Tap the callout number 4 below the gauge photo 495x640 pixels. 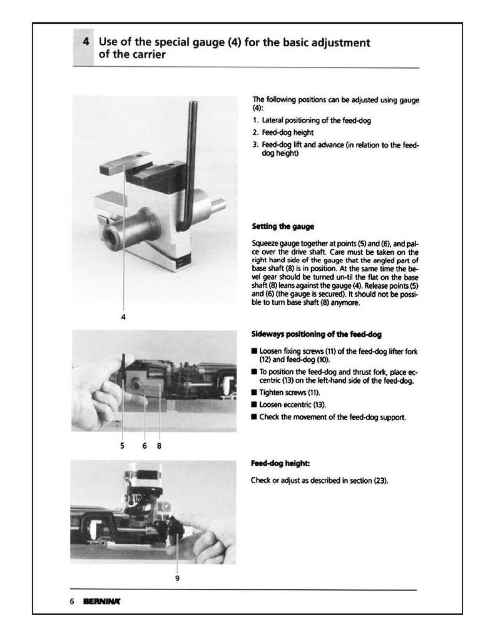[123, 317]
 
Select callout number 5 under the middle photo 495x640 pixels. [122, 446]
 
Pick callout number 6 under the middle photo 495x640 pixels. [145, 446]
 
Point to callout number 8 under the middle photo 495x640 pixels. [159, 446]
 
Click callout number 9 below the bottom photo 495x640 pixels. [177, 578]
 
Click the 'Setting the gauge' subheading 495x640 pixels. [283, 226]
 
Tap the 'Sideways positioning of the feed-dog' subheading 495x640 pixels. [316, 334]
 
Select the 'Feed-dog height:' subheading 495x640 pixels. [280, 463]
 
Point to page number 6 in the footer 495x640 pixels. [72, 602]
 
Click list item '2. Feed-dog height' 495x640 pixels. [283, 132]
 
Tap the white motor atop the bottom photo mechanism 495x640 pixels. [145, 478]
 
